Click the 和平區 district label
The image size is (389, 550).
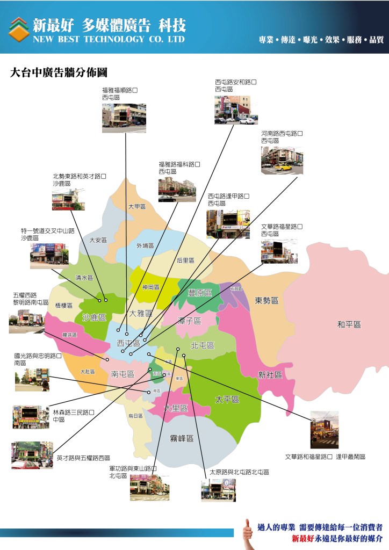[x=349, y=324]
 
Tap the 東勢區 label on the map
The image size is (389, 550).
[x=266, y=301]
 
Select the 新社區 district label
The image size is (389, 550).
[x=270, y=375]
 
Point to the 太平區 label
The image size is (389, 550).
[x=227, y=400]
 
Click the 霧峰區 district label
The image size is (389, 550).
[x=182, y=438]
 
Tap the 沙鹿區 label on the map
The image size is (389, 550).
[x=94, y=317]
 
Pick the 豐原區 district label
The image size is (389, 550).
[x=200, y=292]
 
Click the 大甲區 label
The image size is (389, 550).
[x=137, y=207]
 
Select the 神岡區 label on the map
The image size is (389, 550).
[x=151, y=287]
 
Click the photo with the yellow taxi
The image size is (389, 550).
[x=282, y=160]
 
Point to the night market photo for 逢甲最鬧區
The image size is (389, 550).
[x=325, y=430]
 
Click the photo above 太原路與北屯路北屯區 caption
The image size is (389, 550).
[x=218, y=490]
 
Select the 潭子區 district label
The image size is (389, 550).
[x=189, y=321]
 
